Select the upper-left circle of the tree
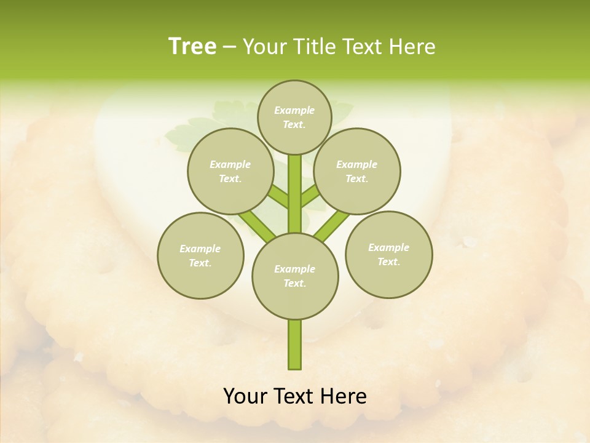coord(230,171)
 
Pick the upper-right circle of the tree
coord(357,171)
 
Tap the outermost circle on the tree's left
coord(200,255)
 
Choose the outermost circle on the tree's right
coord(388,254)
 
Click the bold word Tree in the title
coord(192,46)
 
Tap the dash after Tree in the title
coord(229,47)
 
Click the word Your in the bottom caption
coord(246,396)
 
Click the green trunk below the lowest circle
coord(295,345)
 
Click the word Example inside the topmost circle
coord(294,110)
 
